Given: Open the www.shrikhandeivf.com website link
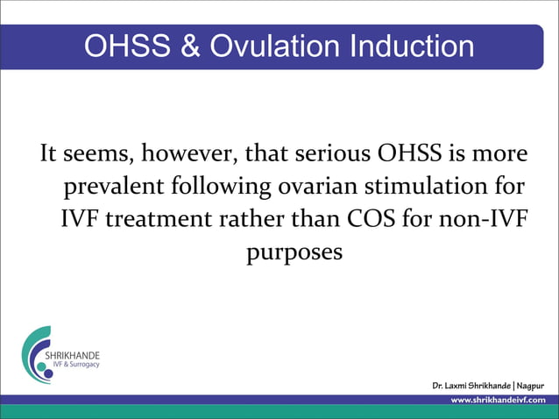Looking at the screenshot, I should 497,401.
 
